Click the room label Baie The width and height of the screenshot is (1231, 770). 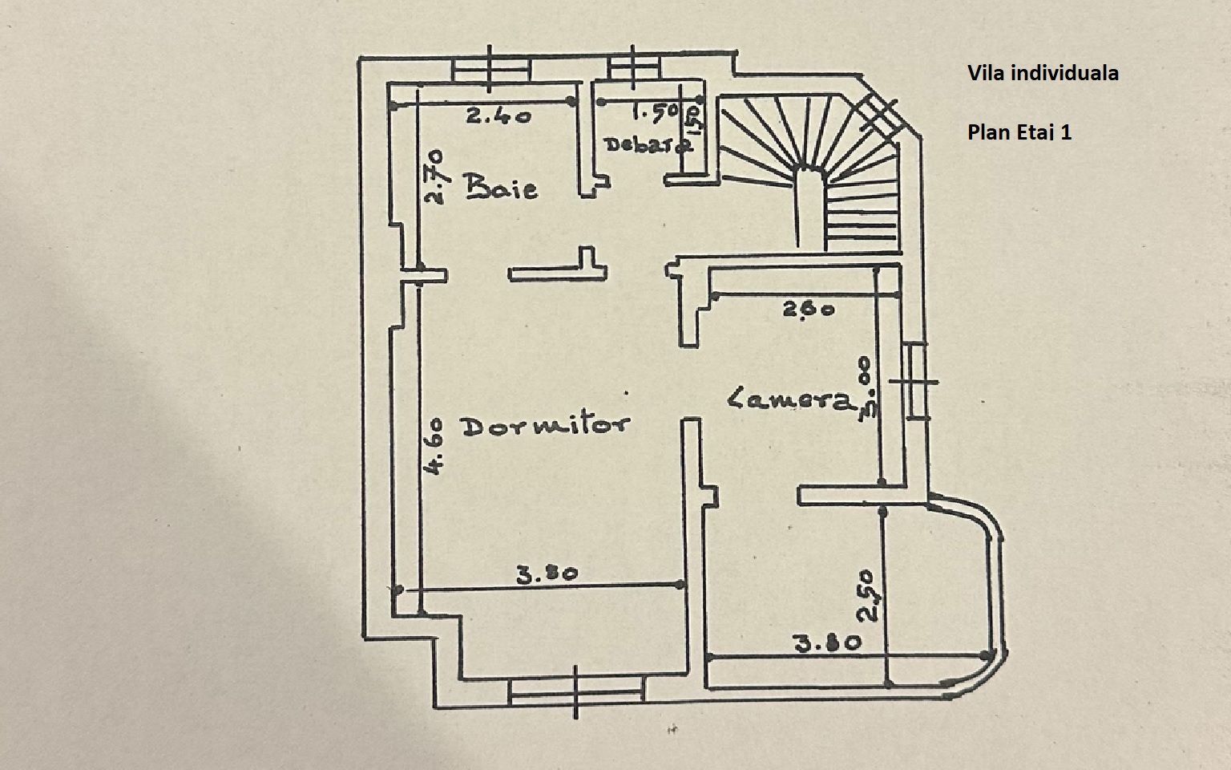pos(502,188)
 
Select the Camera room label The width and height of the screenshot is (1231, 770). pos(789,399)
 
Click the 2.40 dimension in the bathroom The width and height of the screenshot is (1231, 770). pos(498,116)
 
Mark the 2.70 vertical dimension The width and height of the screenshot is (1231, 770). pos(435,176)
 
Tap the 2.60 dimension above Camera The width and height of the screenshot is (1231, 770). pos(809,308)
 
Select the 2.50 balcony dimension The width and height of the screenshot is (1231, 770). pos(868,595)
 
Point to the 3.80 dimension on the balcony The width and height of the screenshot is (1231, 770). pos(827,642)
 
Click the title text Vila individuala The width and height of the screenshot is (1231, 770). pos(1043,73)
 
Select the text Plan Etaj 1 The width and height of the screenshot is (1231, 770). pos(1019,132)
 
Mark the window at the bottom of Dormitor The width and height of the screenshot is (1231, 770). pos(577,691)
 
